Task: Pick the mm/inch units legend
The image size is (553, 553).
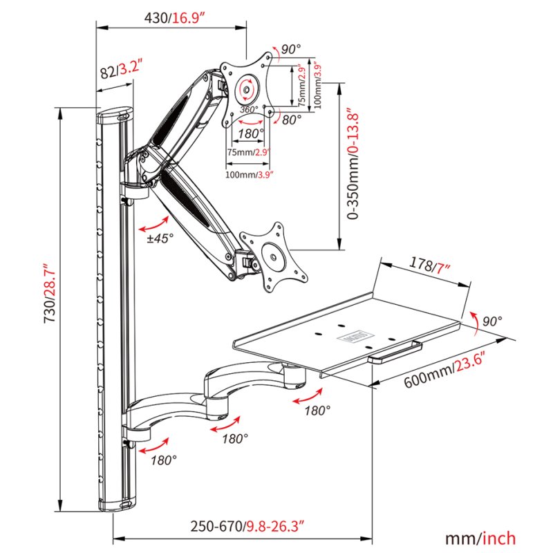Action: pos(480,538)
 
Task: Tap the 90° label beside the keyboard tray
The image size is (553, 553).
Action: pos(492,321)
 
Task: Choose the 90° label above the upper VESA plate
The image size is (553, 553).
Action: pos(290,49)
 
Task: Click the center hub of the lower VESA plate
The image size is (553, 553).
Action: pos(273,257)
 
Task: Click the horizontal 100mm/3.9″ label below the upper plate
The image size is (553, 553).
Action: pos(250,174)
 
